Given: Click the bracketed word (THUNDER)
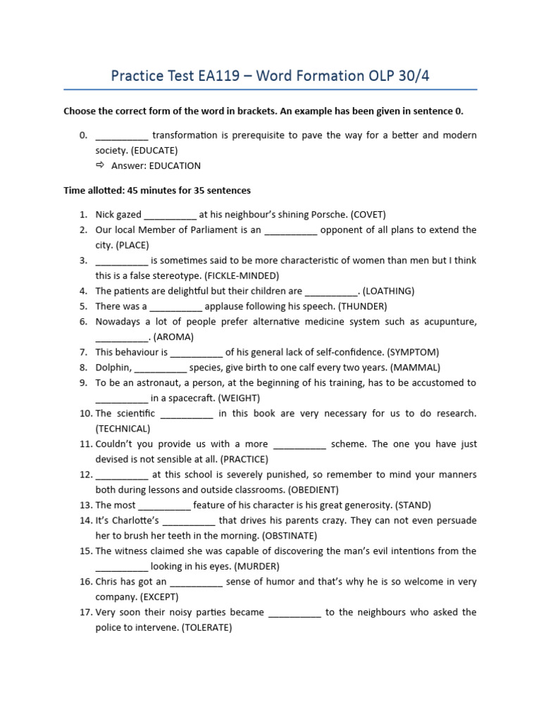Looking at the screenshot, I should coord(363,306).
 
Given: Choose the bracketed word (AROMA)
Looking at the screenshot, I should coord(173,337).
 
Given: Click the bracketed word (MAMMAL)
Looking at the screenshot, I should coord(416,368).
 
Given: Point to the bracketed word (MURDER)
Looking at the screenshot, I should coord(256,566).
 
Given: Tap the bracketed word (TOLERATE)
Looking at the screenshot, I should coord(206,627).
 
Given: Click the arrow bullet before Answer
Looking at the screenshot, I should coord(99,165).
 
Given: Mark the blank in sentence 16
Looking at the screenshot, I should coord(197,582).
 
